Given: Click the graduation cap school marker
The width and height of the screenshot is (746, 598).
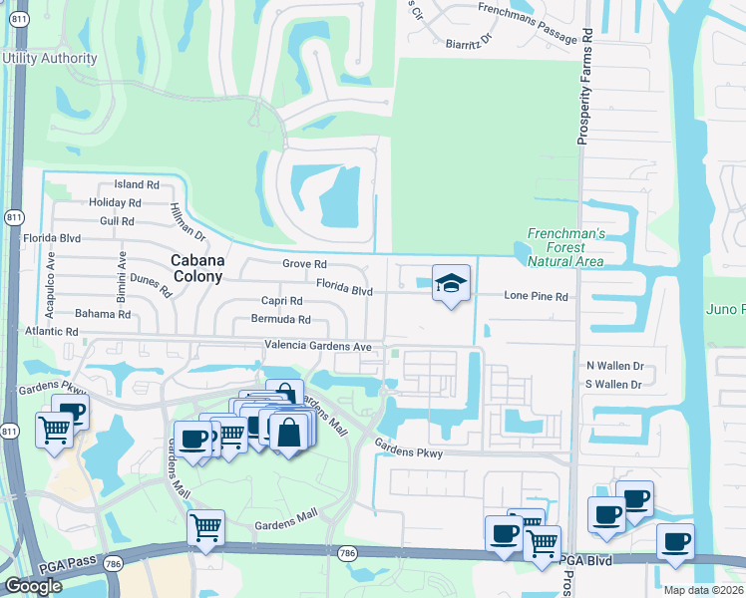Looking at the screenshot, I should click(x=451, y=284).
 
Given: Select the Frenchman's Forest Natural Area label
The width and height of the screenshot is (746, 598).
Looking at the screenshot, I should click(x=565, y=247).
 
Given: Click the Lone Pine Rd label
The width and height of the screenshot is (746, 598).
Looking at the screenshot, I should click(x=536, y=296).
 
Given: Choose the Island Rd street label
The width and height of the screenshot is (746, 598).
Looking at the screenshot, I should click(x=137, y=184).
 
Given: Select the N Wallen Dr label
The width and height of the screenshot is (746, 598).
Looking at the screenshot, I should click(x=616, y=366).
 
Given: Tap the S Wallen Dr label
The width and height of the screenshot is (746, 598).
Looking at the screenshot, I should click(x=616, y=383).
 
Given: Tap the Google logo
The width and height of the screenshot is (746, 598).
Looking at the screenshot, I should click(x=33, y=586).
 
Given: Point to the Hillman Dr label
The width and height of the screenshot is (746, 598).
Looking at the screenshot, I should click(x=186, y=218).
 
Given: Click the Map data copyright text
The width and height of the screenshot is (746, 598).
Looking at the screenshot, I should click(x=704, y=590).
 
